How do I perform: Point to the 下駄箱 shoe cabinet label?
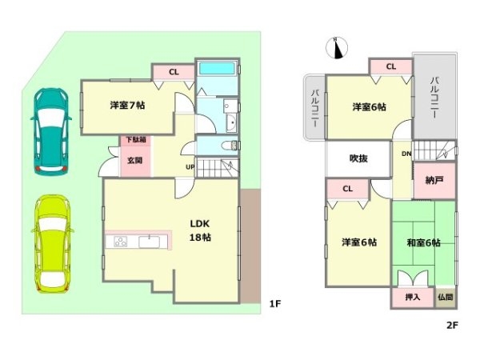pos(134,140)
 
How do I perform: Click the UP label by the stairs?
pos(190,166)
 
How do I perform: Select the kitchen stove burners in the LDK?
pos(121,242)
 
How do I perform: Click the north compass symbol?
pos(336,48)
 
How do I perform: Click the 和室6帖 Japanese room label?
pos(422,242)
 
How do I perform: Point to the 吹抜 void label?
pos(358,158)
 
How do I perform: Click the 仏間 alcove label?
pos(445,297)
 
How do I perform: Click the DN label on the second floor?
pos(406,153)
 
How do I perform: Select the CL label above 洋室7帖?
pos(174,73)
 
